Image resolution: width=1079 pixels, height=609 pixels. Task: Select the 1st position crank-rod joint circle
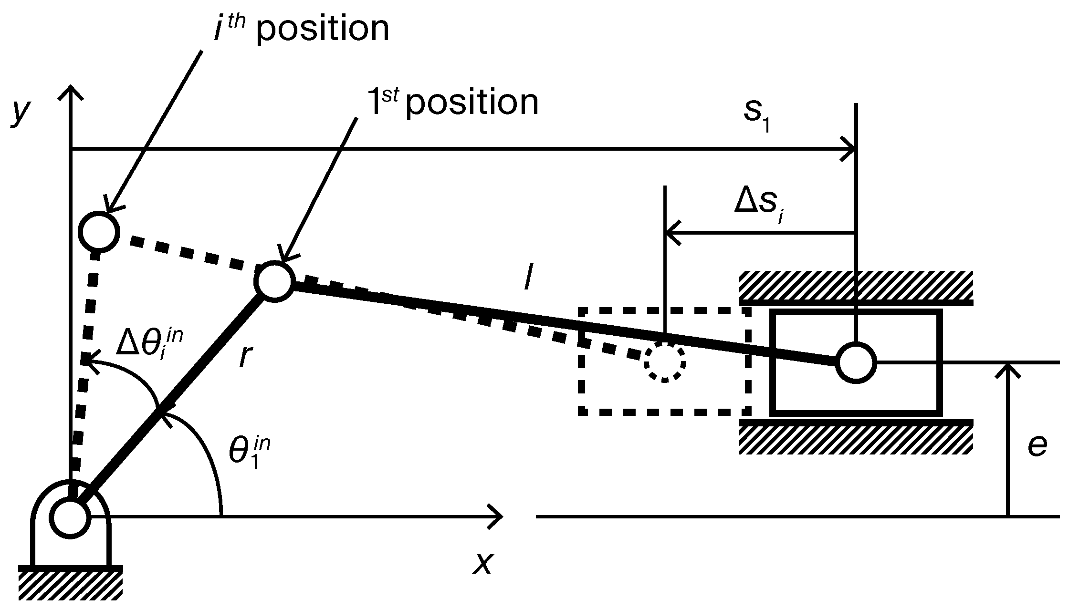click(274, 281)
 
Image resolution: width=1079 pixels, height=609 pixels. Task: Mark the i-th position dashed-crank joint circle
click(99, 232)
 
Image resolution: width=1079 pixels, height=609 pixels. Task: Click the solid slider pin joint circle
click(856, 362)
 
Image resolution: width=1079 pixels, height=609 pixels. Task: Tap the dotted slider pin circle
click(664, 362)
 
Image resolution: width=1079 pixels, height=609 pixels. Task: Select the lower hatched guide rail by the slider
click(856, 438)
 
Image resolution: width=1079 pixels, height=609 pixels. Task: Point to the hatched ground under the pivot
click(70, 584)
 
